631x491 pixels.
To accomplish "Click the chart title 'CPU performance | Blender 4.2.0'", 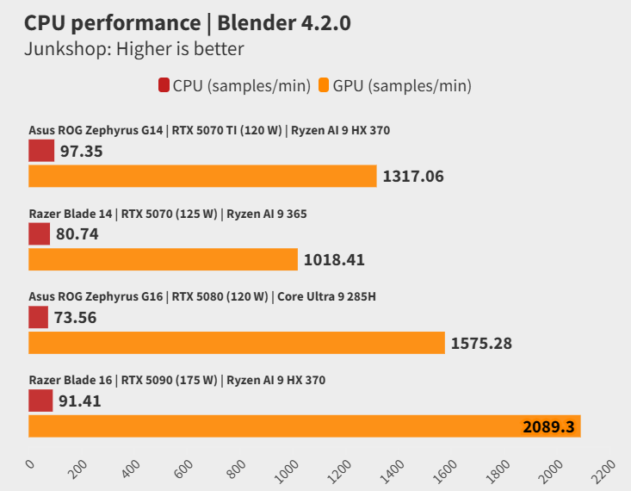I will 187,22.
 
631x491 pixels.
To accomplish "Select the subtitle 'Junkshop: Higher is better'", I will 134,49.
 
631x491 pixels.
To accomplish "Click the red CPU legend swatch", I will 164,85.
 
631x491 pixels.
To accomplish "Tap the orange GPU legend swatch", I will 324,85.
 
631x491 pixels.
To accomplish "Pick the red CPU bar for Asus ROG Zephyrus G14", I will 41,152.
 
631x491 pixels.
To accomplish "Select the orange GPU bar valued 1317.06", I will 202,177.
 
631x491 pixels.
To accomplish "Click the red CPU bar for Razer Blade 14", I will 39,234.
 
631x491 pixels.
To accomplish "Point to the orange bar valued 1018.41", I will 163,259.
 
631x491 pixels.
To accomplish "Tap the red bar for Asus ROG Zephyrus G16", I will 38,318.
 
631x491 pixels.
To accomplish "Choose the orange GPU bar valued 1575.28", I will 237,343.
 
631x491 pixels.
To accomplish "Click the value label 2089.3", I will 548,426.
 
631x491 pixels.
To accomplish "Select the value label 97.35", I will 81,152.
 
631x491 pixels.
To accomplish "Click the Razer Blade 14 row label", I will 167,214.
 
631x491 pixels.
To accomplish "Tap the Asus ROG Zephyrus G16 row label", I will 202,297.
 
